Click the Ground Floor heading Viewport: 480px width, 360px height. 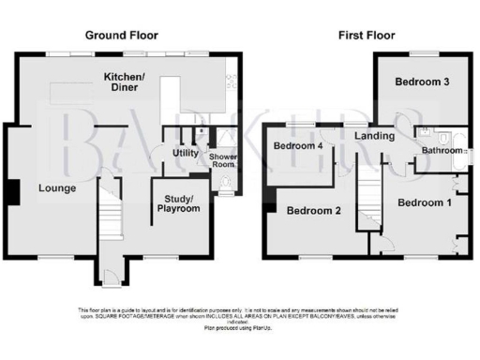point(120,35)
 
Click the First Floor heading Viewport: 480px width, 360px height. point(368,35)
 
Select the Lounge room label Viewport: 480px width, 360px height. point(56,188)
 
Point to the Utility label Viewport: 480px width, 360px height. point(184,153)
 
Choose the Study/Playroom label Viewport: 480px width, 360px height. point(178,203)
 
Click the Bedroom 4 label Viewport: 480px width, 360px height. point(298,146)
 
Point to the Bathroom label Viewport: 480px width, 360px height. point(442,150)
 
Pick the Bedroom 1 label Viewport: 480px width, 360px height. point(425,202)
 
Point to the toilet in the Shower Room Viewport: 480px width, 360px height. point(224,192)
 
